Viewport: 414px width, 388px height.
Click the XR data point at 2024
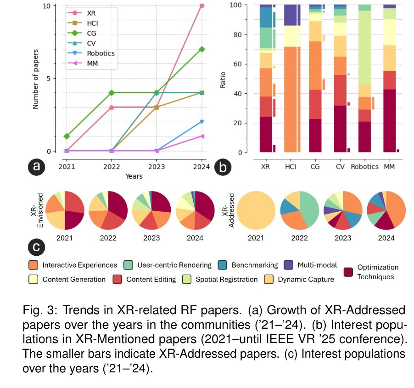pyautogui.click(x=201, y=6)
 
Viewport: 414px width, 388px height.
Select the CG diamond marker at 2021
pyautogui.click(x=67, y=136)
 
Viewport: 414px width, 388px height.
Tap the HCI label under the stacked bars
pyautogui.click(x=291, y=167)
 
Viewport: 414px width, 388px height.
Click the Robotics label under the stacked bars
pyautogui.click(x=364, y=167)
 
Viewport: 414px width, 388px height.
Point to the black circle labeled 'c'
pyautogui.click(x=36, y=247)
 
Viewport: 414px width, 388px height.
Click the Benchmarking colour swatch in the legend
pyautogui.click(x=223, y=265)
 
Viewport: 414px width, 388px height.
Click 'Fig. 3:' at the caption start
pyautogui.click(x=36, y=311)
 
